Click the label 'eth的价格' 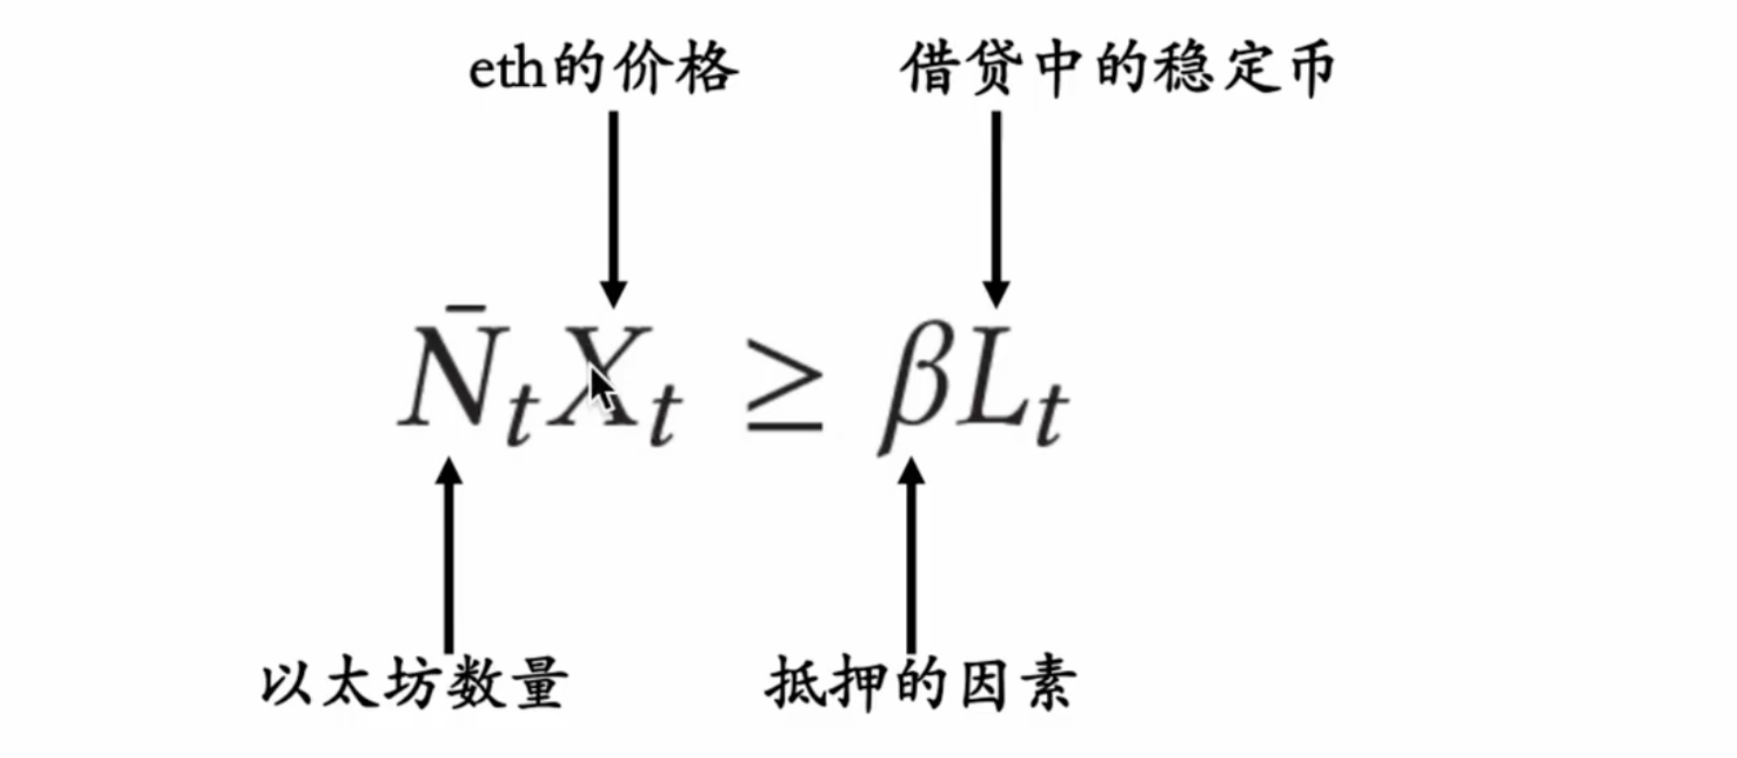602,69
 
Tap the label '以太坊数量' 414,684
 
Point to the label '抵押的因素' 920,684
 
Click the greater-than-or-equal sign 783,386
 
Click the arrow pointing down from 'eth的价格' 613,208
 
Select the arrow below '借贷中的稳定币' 995,208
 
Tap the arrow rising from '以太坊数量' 450,554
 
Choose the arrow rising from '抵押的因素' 911,554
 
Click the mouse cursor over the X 600,387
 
